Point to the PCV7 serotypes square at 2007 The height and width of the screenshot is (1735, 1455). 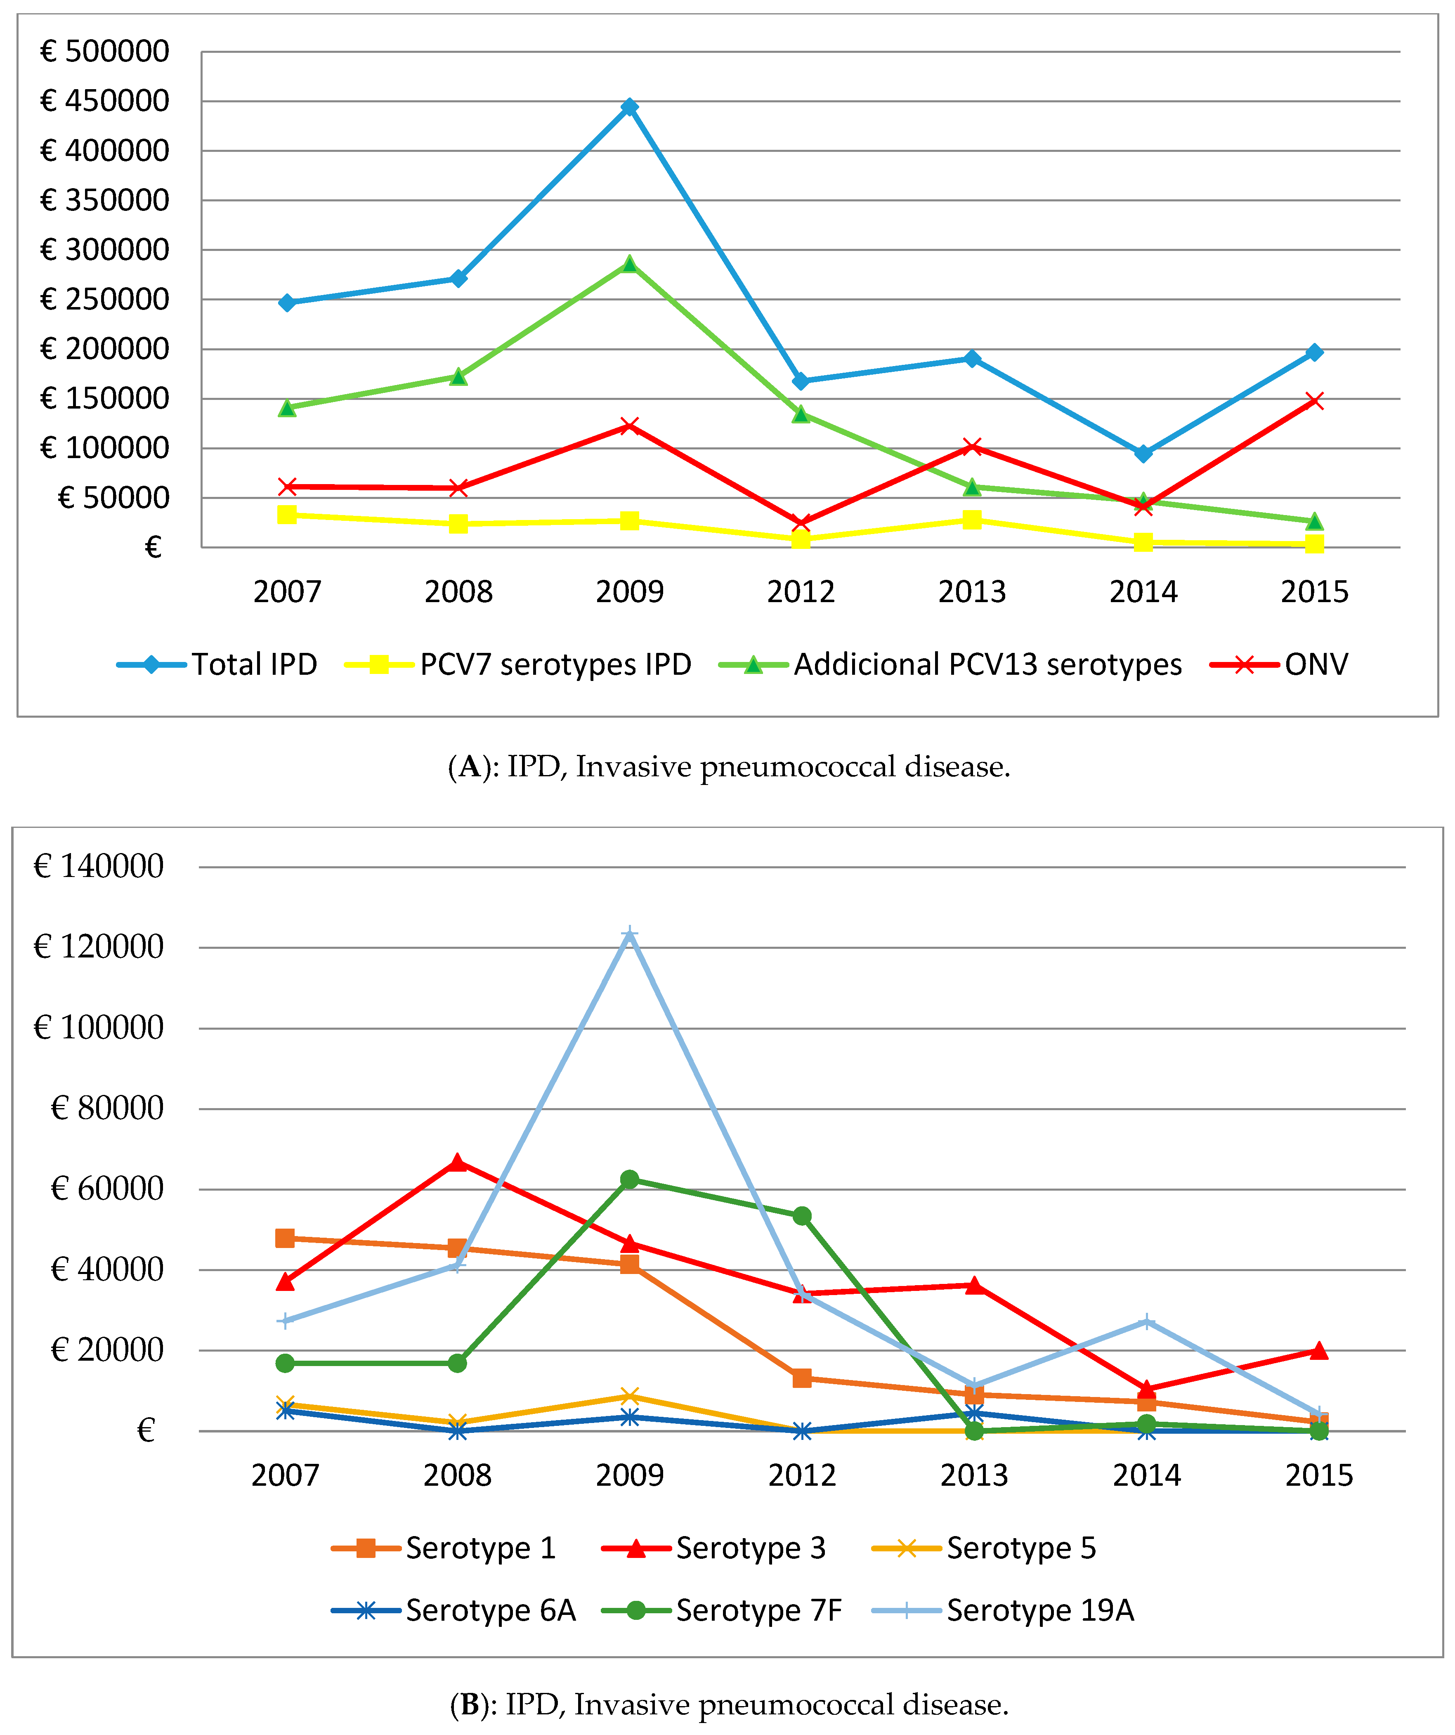(287, 515)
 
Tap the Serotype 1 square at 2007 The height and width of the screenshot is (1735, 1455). (285, 1238)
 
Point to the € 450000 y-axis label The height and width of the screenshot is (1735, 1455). (105, 101)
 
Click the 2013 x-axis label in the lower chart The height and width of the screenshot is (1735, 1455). (974, 1475)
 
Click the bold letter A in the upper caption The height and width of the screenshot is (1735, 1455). (469, 767)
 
